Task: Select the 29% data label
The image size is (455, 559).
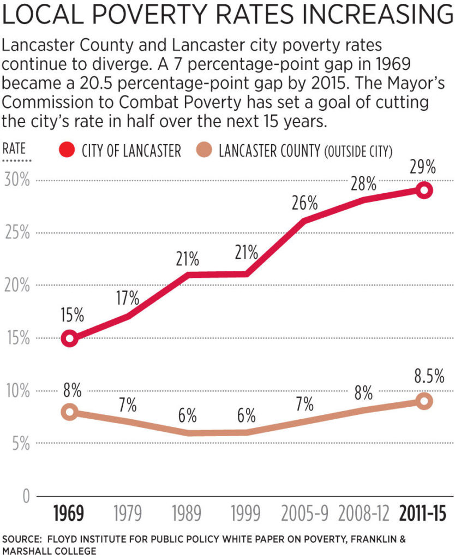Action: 424,168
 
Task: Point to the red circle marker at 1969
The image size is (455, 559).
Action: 70,338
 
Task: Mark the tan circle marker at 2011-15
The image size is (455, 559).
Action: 424,401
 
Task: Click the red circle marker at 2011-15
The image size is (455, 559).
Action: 424,191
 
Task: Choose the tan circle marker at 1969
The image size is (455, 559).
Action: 70,412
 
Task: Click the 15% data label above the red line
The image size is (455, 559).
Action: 71,316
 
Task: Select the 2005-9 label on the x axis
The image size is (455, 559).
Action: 305,515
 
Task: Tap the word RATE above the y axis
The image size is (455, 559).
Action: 15,148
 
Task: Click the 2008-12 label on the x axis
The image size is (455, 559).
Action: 364,515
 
